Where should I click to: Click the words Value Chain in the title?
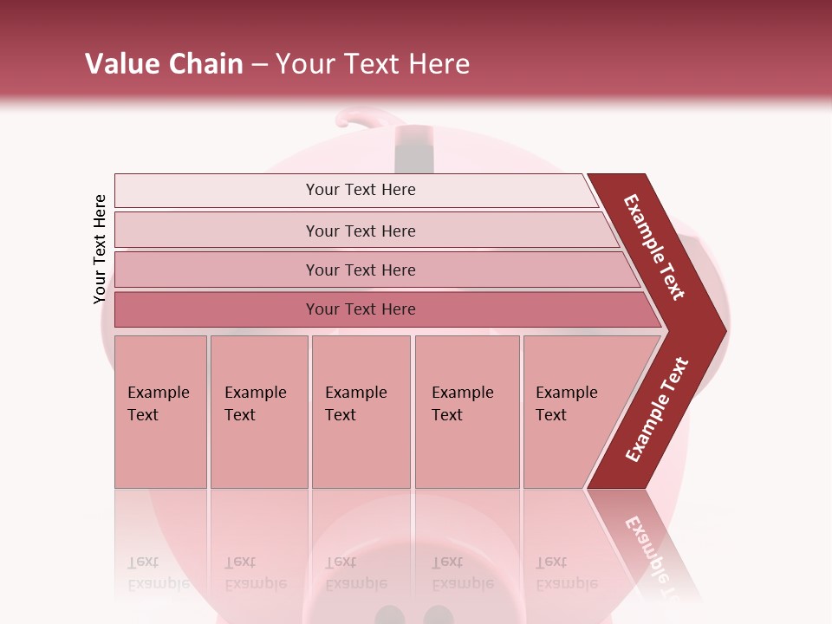pyautogui.click(x=164, y=63)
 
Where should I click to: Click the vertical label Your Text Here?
pyautogui.click(x=100, y=250)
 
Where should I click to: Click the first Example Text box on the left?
pyautogui.click(x=160, y=412)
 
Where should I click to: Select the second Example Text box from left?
pyautogui.click(x=259, y=412)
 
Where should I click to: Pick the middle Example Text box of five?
pyautogui.click(x=361, y=412)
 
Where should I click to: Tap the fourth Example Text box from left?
pyautogui.click(x=467, y=412)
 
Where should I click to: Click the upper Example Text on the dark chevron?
pyautogui.click(x=654, y=247)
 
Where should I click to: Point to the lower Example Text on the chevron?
pyautogui.click(x=657, y=409)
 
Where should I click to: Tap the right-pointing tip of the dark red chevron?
pyautogui.click(x=721, y=330)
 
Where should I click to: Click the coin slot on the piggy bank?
pyautogui.click(x=414, y=149)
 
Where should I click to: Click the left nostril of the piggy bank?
pyautogui.click(x=389, y=616)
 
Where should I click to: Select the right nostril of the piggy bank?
pyautogui.click(x=439, y=616)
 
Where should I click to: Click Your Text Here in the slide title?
pyautogui.click(x=373, y=63)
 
